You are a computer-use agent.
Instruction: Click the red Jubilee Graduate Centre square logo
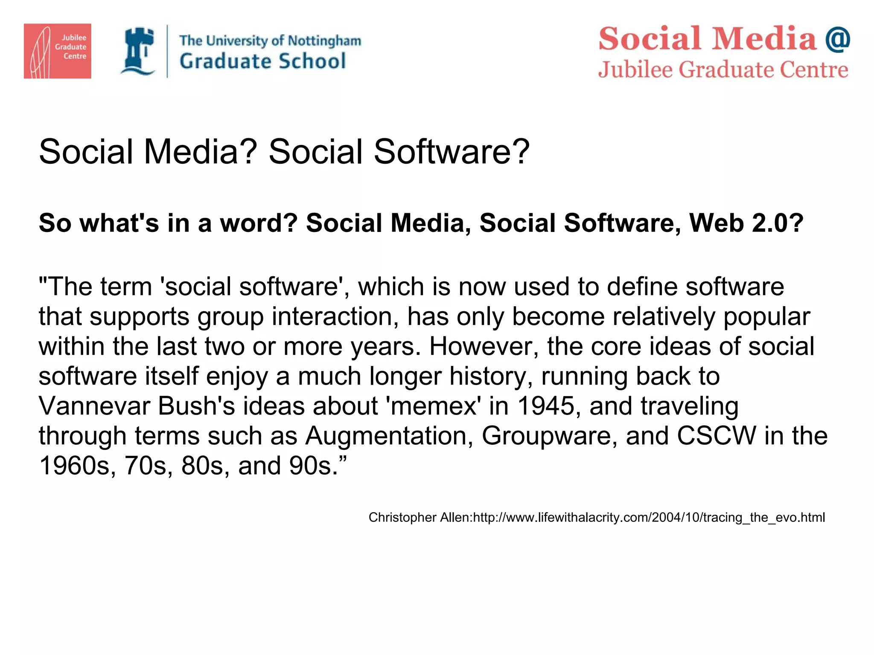(57, 51)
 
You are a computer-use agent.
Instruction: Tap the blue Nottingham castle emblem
(138, 51)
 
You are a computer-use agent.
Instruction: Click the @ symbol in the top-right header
(837, 39)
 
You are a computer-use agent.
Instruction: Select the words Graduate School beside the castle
(262, 61)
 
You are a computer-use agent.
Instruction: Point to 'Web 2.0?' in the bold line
(746, 223)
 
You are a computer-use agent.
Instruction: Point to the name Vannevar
(94, 406)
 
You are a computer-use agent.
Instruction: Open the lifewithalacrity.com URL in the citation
(649, 518)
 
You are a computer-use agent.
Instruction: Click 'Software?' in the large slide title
(452, 152)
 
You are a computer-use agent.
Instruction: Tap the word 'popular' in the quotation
(766, 316)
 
